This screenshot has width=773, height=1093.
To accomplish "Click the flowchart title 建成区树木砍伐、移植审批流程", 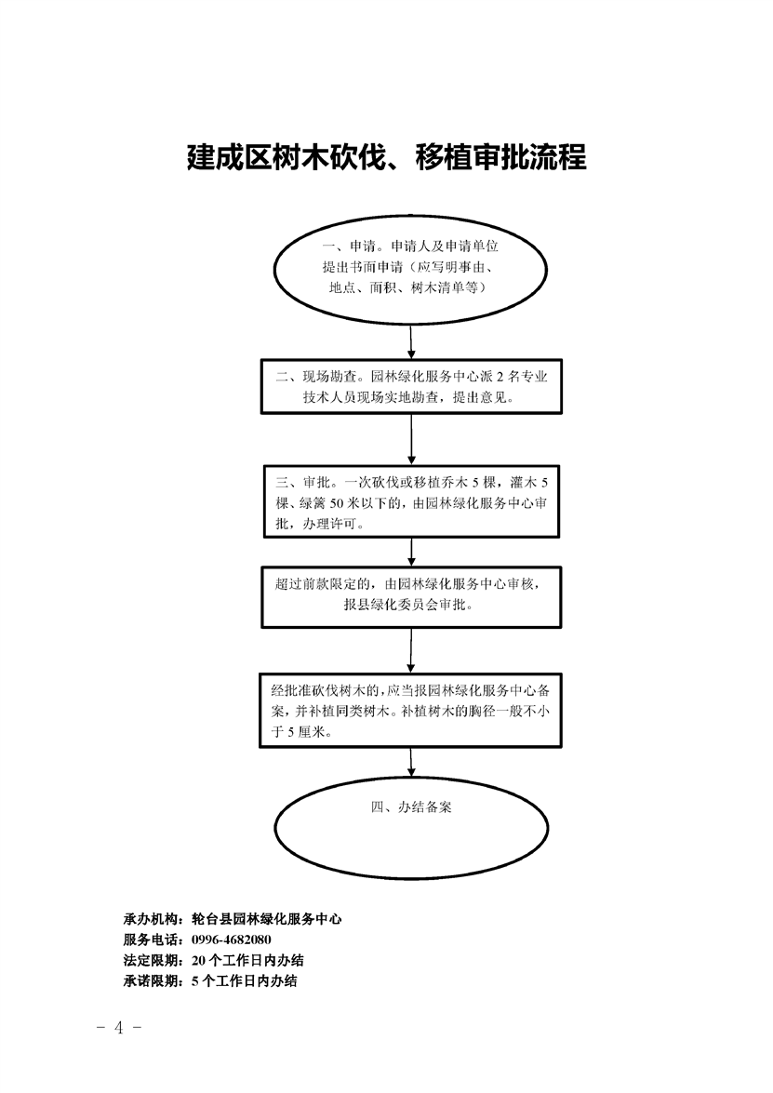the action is pos(386,157).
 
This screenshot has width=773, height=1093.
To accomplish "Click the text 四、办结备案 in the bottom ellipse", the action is pos(411,807).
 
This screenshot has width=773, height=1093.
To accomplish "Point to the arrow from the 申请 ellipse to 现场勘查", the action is pos(411,340).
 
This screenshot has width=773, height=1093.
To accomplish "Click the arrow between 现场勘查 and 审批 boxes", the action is pos(411,439).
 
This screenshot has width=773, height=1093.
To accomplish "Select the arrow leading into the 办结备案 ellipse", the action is pos(411,763).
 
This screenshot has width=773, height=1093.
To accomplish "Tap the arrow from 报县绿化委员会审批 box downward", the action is pos(411,650).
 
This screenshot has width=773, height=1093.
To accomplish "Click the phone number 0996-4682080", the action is pos(231,940).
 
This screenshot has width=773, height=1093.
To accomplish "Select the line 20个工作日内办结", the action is pos(247,961).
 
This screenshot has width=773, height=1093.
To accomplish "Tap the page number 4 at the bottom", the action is pos(118,1028).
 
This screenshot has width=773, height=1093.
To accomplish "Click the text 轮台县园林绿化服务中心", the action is pos(266,919).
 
